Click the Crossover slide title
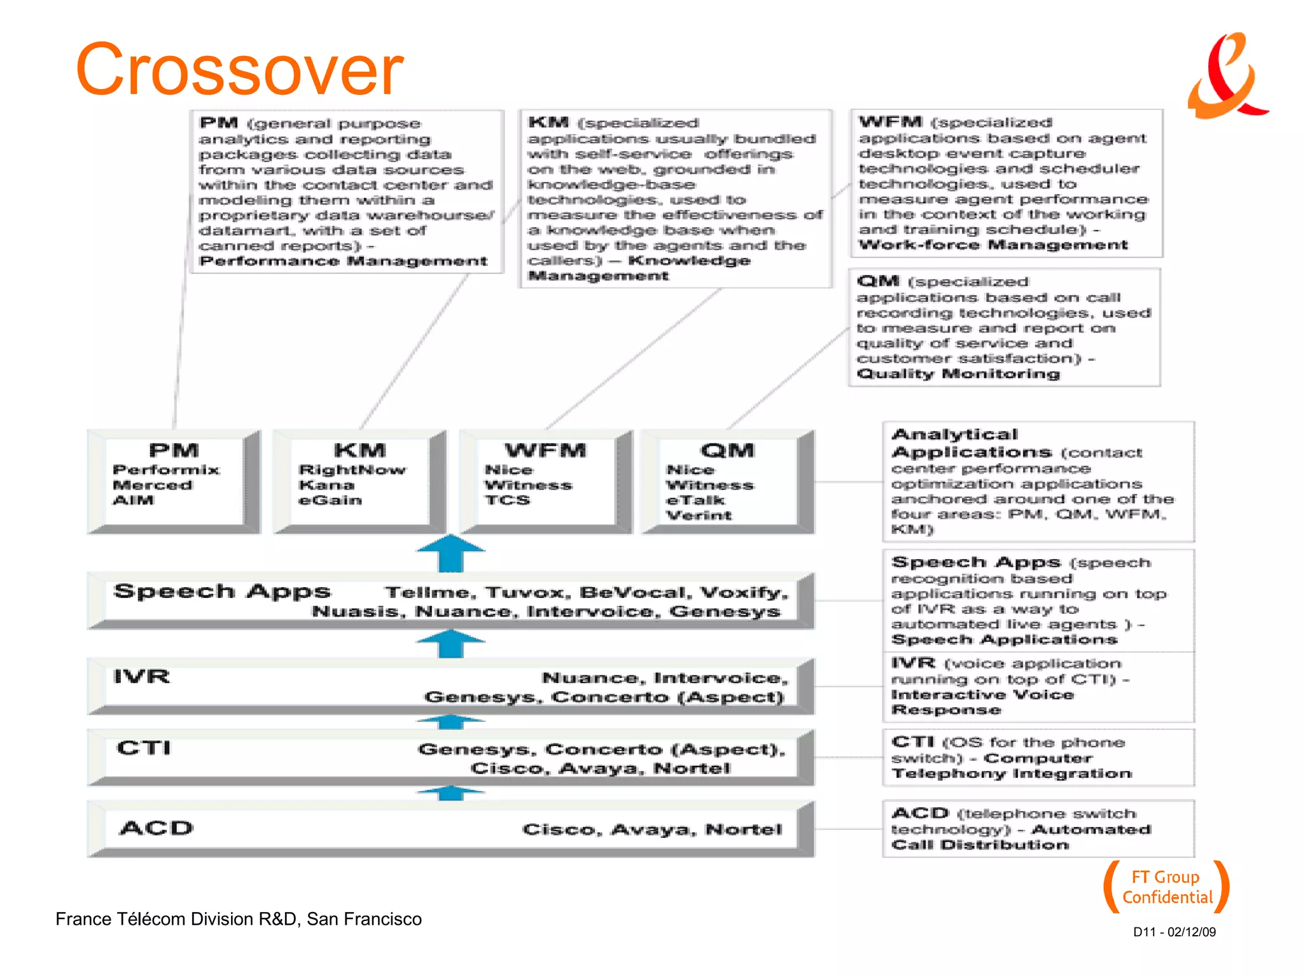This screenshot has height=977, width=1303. [239, 69]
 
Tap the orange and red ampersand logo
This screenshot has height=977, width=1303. [1227, 76]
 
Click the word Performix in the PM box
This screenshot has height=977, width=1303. [166, 470]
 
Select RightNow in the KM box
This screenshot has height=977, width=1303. [352, 470]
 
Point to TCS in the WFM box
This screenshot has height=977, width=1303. [507, 501]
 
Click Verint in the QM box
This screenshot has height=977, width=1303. [699, 516]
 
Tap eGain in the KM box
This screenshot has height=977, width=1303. [330, 501]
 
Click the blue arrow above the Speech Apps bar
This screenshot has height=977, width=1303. [450, 553]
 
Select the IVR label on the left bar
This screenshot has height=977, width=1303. [141, 677]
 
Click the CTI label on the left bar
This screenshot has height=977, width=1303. [144, 748]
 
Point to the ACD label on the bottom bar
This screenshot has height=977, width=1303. [157, 828]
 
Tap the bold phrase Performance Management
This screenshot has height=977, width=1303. [344, 261]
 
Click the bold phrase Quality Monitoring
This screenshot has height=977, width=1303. [958, 374]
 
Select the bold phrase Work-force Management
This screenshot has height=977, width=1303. [993, 246]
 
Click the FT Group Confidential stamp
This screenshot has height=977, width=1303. [1166, 887]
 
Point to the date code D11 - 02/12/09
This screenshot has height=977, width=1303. [1174, 932]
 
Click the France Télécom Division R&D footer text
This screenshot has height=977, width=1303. [239, 919]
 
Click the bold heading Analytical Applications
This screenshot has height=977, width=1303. [971, 444]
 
